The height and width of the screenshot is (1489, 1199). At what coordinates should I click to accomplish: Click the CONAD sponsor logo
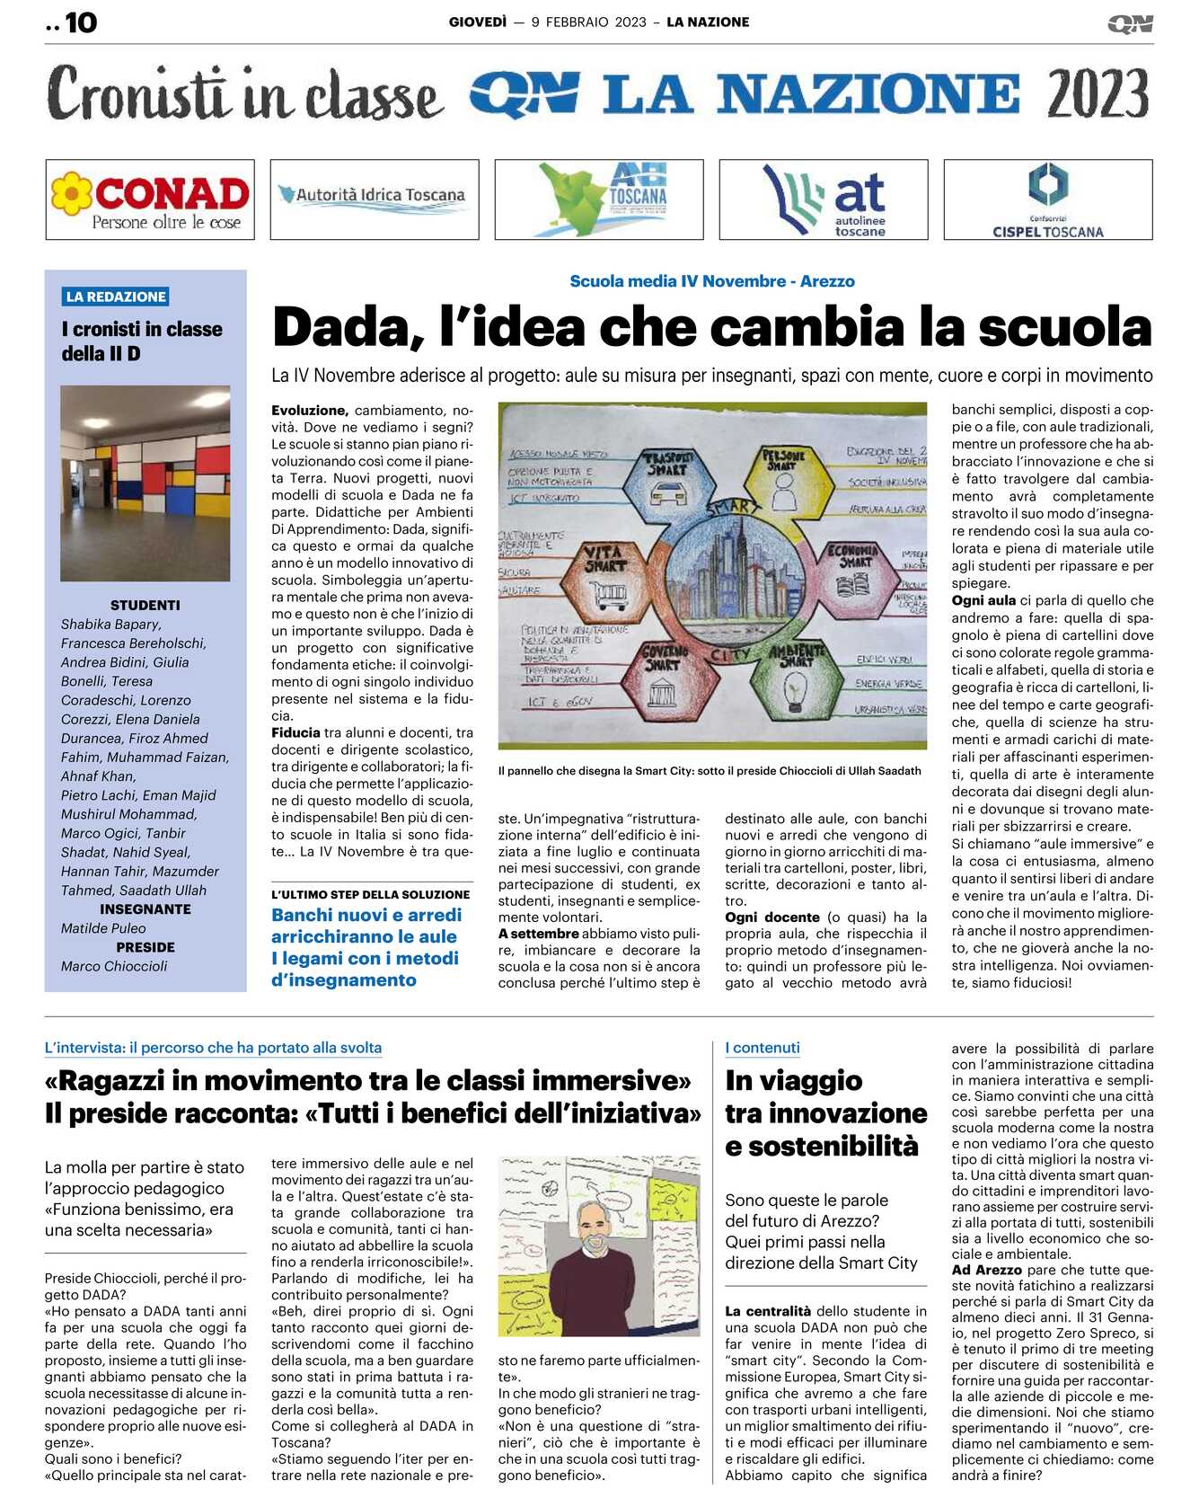[150, 199]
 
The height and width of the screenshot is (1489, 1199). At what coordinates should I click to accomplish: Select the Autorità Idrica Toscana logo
[375, 199]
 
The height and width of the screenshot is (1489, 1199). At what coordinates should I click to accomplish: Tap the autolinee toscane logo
[824, 199]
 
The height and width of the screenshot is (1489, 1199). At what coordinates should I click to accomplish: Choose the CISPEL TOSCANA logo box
[1048, 199]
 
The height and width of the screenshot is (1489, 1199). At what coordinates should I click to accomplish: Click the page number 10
[80, 22]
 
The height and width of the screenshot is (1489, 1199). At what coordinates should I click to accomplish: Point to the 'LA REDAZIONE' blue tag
[117, 297]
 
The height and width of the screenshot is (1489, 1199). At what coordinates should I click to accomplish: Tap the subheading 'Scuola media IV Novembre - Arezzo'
[712, 281]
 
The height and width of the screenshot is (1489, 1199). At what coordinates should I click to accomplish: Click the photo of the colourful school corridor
[145, 483]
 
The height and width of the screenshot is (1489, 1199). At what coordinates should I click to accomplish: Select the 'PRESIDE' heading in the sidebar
[145, 947]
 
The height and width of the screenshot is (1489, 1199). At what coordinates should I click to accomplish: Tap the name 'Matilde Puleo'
[103, 928]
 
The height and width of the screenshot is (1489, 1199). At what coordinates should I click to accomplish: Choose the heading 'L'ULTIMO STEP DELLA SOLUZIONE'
[371, 894]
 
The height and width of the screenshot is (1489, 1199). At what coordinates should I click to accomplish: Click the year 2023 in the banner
[1098, 93]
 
